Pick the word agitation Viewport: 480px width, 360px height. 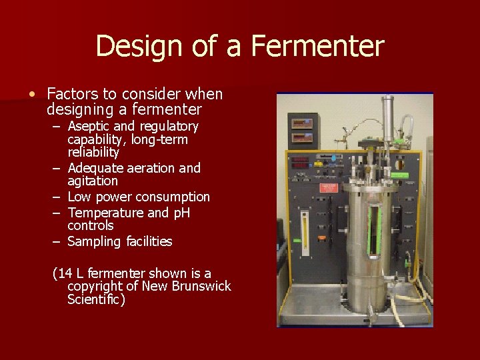click(93, 181)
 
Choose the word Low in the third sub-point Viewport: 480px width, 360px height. click(80, 197)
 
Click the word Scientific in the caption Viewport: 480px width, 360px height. click(95, 300)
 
